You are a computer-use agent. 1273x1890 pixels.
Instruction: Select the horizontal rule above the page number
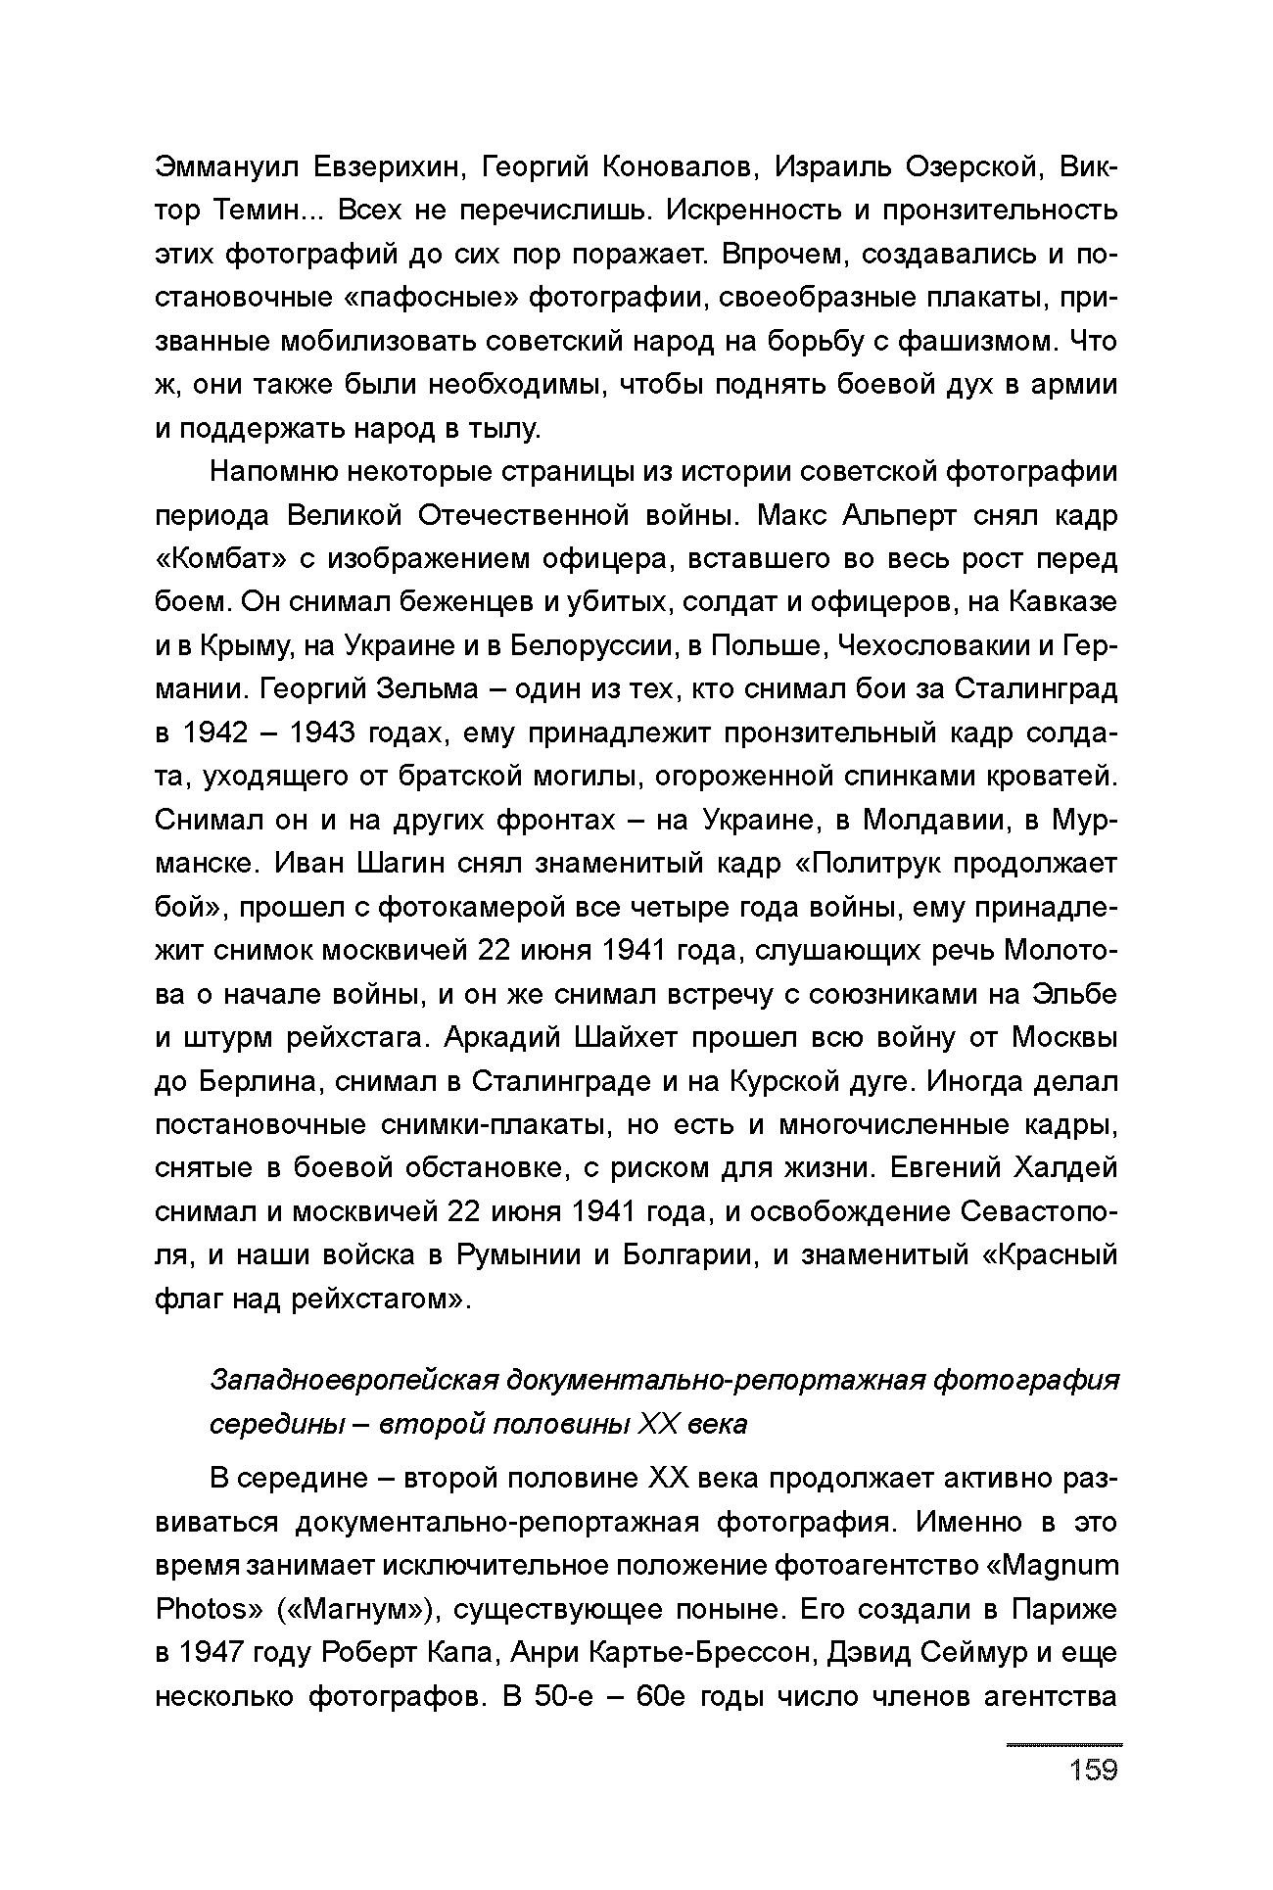click(1063, 1745)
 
